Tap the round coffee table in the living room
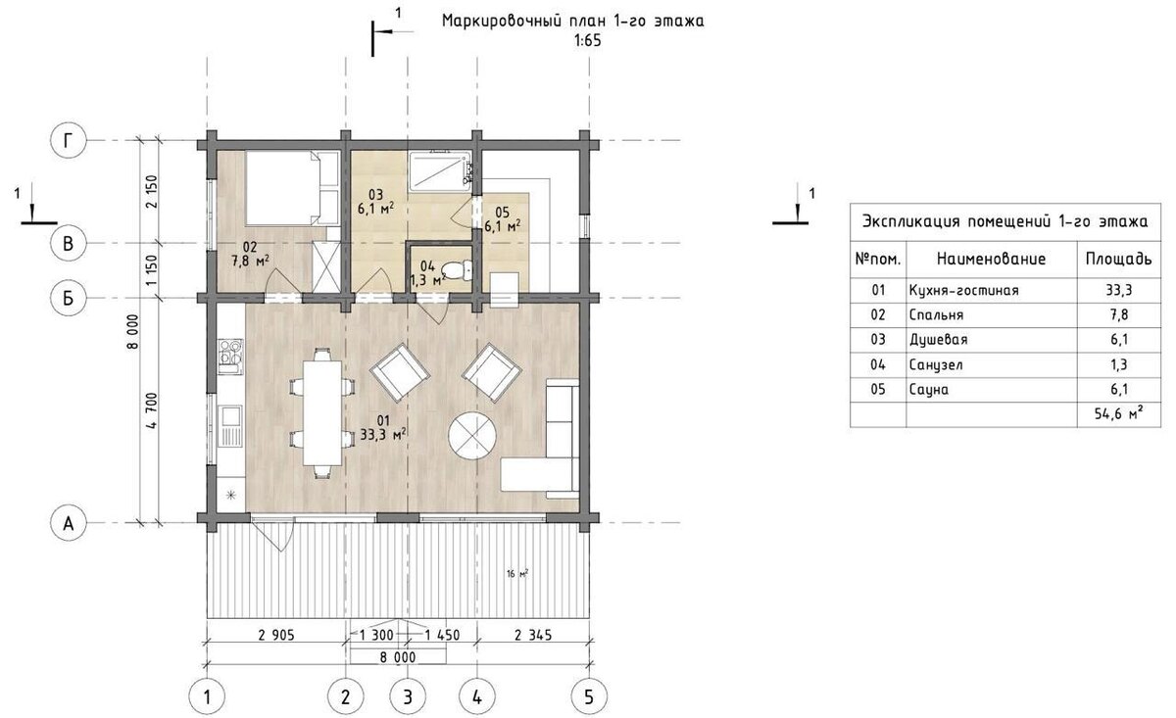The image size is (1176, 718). coord(472,435)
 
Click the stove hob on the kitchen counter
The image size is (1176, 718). coord(230,357)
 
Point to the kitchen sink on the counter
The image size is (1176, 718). coord(230,426)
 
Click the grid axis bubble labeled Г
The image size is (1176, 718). coord(68,141)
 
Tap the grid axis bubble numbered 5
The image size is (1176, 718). coord(589,697)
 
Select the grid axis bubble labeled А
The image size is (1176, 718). coord(68,523)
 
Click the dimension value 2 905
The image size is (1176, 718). coord(276,636)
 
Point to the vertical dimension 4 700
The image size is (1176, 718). coord(152,410)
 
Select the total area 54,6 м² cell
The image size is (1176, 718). coord(1119,414)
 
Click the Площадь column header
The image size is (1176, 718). coord(1119,260)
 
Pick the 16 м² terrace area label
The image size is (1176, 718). coord(517,574)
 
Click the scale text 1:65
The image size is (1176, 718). coord(587,41)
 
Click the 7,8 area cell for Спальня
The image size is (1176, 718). coord(1119,314)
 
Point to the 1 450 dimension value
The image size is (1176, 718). coord(442,636)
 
